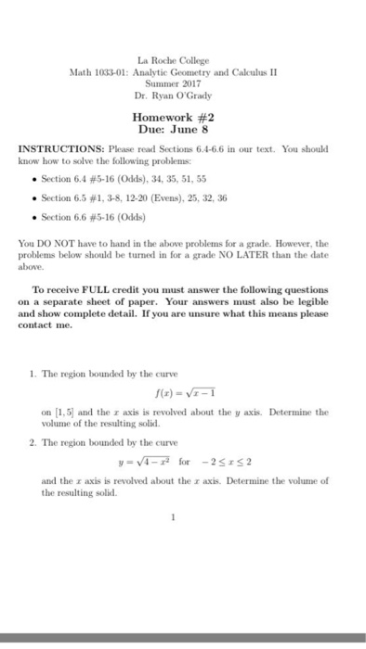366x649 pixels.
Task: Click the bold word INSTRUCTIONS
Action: click(64, 148)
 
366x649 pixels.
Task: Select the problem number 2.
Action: click(33, 442)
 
